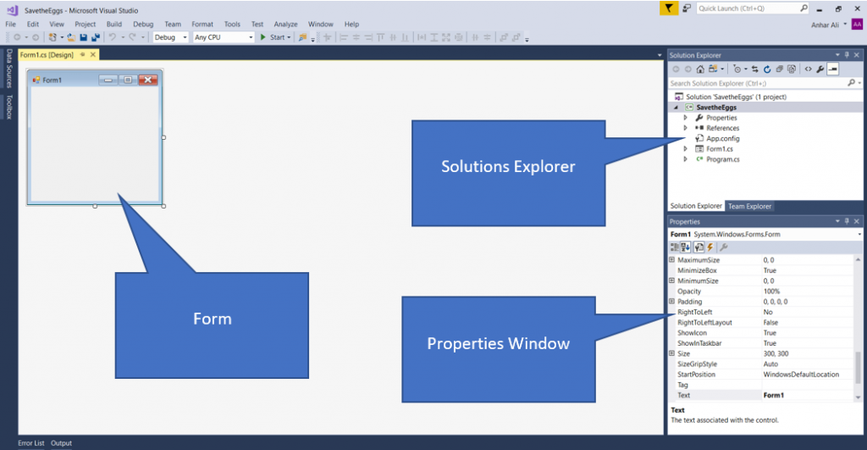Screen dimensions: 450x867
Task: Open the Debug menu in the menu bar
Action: coord(143,25)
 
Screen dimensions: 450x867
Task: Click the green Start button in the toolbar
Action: coord(273,37)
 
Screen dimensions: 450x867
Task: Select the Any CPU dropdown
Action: coord(223,37)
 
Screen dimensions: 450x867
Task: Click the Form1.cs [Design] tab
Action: coord(47,55)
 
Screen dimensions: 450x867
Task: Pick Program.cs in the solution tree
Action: coord(722,158)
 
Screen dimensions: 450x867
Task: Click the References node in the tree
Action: coord(722,128)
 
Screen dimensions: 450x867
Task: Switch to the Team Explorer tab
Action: coord(749,206)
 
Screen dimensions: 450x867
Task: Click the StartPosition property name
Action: coord(696,374)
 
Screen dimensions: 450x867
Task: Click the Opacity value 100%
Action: coord(771,292)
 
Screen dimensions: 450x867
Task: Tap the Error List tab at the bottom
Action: coord(31,443)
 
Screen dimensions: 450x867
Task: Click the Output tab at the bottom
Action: coord(61,443)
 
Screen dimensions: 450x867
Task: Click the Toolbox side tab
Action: coord(10,107)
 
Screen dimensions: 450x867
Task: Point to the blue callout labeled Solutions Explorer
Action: coord(508,167)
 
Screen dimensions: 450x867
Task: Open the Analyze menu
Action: coord(285,25)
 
